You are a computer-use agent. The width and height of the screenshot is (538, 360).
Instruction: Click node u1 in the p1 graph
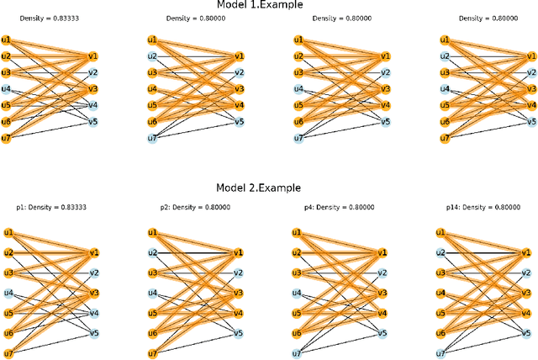[7, 233]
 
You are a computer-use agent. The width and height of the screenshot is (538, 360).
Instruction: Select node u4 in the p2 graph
[152, 293]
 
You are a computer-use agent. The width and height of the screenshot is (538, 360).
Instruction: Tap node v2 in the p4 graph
[384, 273]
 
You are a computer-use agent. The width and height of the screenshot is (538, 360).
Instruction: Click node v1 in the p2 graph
[239, 253]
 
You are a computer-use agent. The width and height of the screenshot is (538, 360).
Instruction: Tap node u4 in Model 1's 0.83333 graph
[7, 89]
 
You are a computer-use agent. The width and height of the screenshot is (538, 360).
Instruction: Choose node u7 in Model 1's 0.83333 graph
[7, 138]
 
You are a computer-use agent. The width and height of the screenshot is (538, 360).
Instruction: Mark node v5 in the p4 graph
[384, 333]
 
